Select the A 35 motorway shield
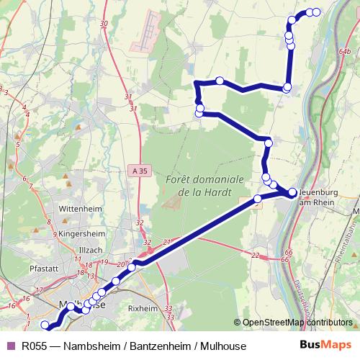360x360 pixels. coord(141,171)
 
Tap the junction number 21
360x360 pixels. coord(167,242)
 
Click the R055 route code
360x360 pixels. coord(35,346)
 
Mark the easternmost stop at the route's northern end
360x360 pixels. coord(315,12)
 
